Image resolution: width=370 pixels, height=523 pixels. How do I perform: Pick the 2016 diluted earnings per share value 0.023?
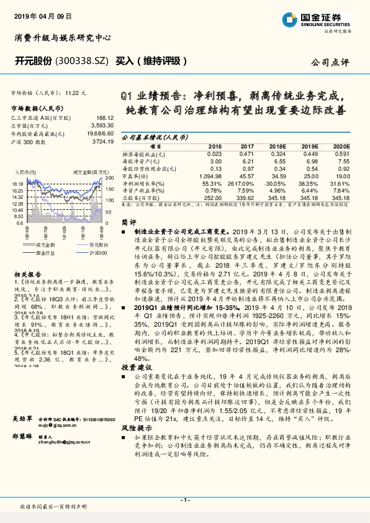pyautogui.click(x=214, y=153)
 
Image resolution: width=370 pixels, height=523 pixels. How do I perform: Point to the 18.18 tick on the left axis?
pyautogui.click(x=17, y=184)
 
